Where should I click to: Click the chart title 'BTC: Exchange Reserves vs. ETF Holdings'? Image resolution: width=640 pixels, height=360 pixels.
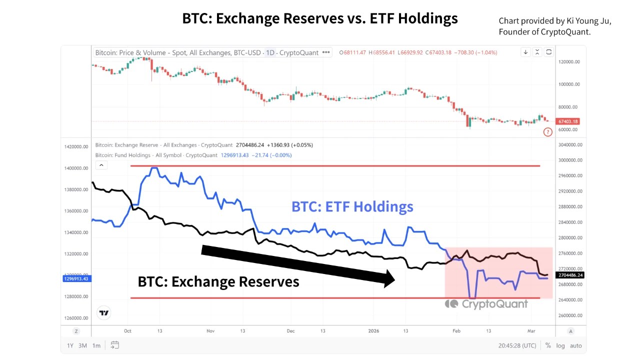[x=320, y=18]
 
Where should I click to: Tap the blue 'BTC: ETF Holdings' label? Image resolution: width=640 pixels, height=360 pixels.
[x=352, y=206]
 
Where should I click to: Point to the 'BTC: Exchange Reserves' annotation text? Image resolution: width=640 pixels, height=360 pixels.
[x=218, y=281]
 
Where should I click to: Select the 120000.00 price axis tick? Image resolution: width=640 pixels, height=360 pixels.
[x=569, y=62]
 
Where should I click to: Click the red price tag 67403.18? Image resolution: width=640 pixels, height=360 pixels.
[x=568, y=121]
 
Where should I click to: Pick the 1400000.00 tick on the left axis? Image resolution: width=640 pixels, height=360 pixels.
[x=76, y=168]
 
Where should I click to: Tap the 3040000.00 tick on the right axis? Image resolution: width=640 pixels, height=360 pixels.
[x=569, y=145]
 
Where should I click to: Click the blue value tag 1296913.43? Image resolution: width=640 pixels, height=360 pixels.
[x=76, y=278]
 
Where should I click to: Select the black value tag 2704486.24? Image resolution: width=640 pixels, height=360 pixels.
[x=570, y=275]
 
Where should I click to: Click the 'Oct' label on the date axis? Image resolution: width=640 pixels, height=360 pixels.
[x=127, y=331]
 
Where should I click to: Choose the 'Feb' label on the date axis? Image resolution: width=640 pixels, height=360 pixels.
[x=455, y=331]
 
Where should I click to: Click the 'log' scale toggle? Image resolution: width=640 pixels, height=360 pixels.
[x=560, y=345]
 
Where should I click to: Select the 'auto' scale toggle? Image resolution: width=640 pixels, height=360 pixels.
[x=575, y=345]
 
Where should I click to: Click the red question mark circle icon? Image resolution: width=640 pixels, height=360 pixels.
[x=548, y=132]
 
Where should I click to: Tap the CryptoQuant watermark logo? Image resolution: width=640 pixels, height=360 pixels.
[x=486, y=303]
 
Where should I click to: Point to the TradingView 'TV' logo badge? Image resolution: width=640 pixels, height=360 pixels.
[x=104, y=313]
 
